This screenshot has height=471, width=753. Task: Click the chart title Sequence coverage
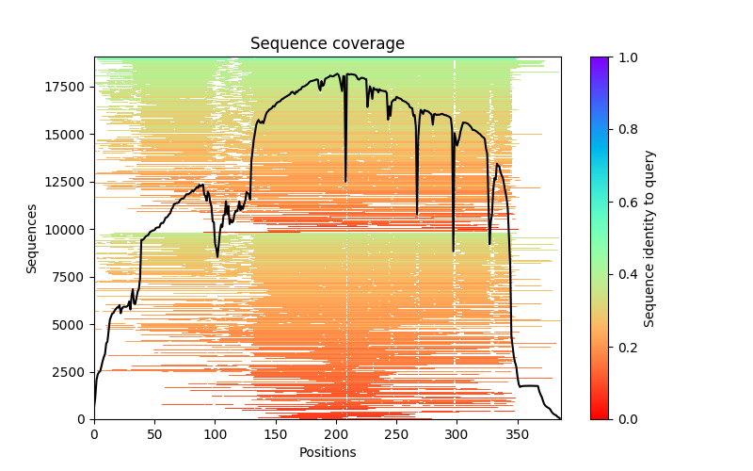click(328, 44)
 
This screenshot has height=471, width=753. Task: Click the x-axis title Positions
click(328, 452)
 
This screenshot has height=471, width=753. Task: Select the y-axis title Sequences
click(32, 238)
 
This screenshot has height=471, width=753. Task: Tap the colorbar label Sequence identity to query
click(649, 238)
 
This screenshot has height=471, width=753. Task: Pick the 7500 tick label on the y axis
click(68, 277)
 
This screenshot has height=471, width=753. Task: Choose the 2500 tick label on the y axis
click(68, 372)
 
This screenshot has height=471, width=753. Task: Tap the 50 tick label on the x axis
click(154, 435)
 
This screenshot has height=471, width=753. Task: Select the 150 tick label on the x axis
click(276, 435)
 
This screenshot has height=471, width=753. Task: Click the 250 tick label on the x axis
click(396, 435)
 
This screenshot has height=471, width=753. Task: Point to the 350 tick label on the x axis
click(518, 435)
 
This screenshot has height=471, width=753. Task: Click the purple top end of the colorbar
click(599, 60)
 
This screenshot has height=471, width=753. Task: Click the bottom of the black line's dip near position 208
click(345, 181)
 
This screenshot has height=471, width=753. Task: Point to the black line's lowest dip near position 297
click(453, 252)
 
